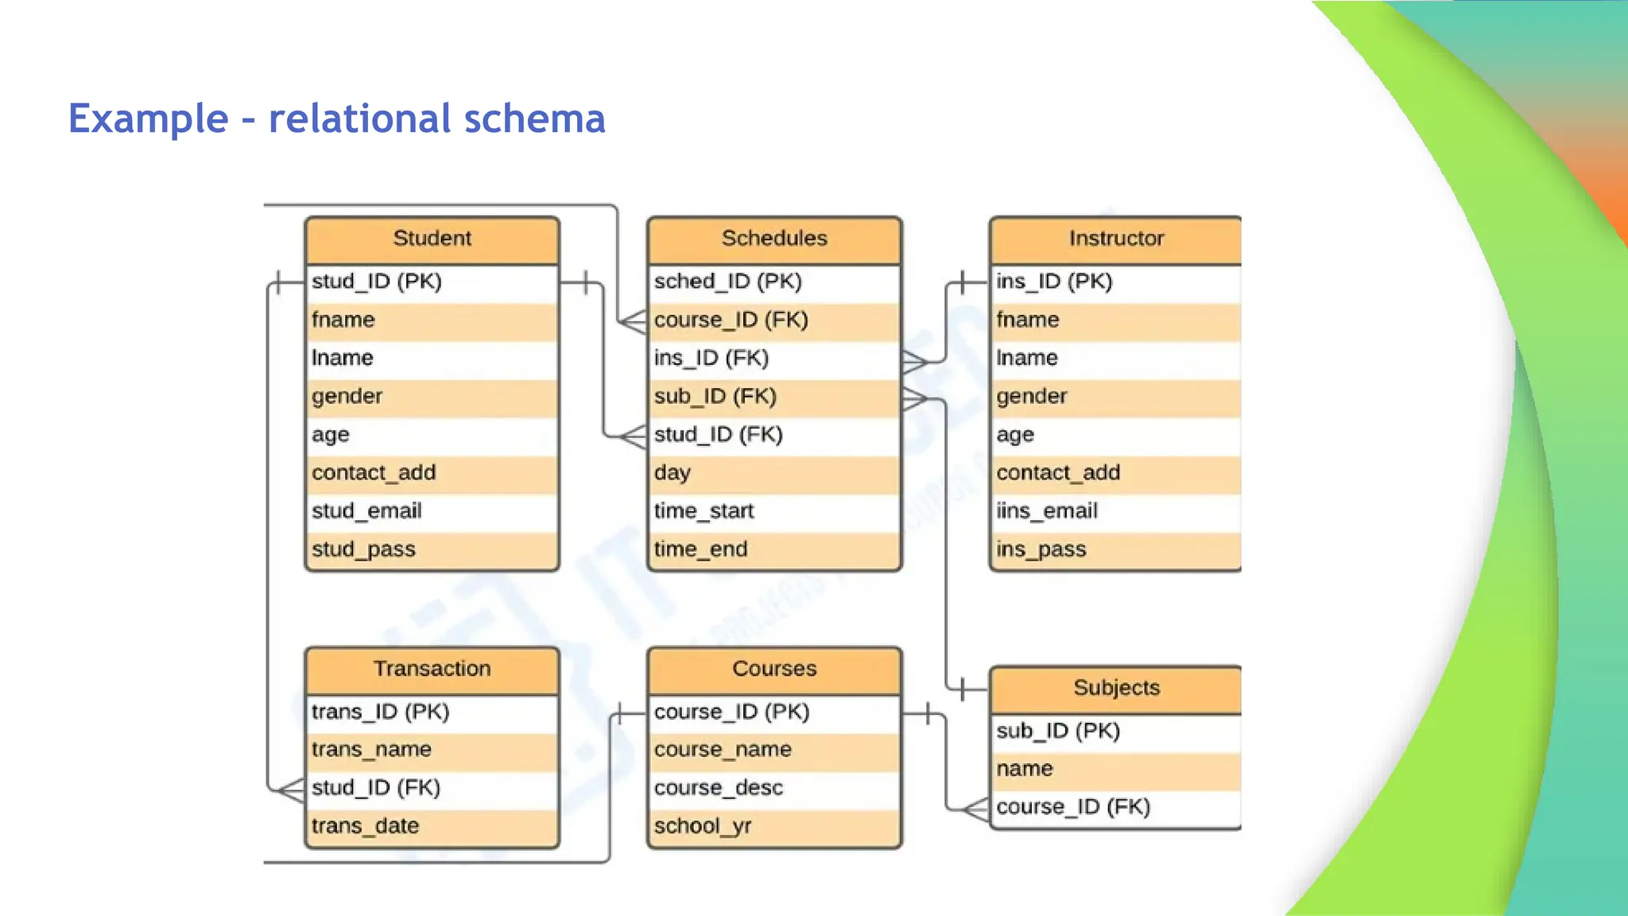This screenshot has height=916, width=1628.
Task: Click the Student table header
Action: tap(432, 239)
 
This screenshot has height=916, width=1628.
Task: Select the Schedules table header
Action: tap(774, 239)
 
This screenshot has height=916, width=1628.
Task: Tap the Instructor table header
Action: tap(1115, 239)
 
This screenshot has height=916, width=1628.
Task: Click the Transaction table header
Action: tap(432, 669)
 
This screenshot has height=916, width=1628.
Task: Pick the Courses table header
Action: tap(774, 669)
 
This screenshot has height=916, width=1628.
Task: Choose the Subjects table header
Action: tap(1115, 688)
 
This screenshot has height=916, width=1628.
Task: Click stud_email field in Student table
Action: tap(366, 511)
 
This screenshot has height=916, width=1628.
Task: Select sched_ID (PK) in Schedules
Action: tap(727, 281)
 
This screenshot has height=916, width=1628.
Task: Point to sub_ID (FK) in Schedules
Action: tap(715, 396)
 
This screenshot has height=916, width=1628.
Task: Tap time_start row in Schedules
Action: tap(704, 511)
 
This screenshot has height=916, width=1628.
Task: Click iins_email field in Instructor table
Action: tap(1047, 511)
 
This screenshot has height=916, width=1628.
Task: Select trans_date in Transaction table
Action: tap(365, 826)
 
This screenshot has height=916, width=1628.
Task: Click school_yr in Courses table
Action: tap(702, 826)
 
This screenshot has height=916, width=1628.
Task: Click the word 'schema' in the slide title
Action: tap(534, 118)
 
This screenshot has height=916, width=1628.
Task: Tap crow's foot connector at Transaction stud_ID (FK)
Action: tap(291, 790)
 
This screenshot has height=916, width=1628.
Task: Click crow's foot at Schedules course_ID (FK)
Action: tap(634, 322)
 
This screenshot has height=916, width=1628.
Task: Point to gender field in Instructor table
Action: tap(1031, 396)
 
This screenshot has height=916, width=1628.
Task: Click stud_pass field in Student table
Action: tap(363, 549)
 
